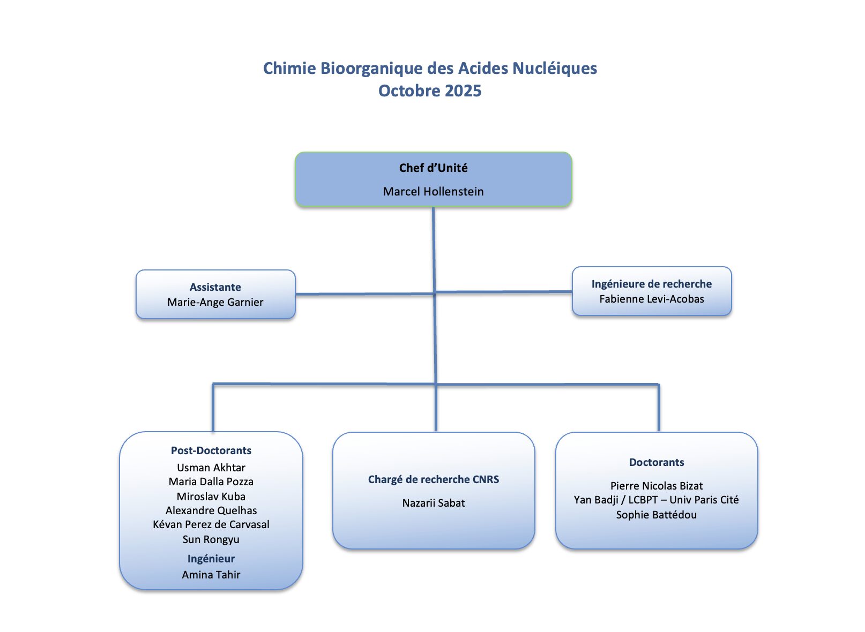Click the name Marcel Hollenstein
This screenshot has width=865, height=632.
pyautogui.click(x=433, y=191)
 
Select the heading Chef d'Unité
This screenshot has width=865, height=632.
pyautogui.click(x=433, y=168)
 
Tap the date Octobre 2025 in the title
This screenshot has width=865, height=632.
pyautogui.click(x=430, y=91)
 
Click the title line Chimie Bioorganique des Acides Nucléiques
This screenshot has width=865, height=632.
pyautogui.click(x=430, y=68)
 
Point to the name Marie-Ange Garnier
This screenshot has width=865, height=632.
pyautogui.click(x=215, y=302)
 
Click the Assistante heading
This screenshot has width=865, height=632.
pyautogui.click(x=215, y=287)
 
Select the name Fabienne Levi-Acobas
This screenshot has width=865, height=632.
pyautogui.click(x=652, y=299)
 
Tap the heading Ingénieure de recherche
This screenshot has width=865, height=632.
pyautogui.click(x=652, y=284)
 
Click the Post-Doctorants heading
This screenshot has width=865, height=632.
pyautogui.click(x=211, y=450)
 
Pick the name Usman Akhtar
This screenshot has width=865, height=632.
pyautogui.click(x=211, y=468)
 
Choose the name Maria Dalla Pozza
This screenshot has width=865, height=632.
pyautogui.click(x=211, y=481)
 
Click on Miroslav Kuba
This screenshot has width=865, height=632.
pyautogui.click(x=211, y=496)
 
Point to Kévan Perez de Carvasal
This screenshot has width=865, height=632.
pyautogui.click(x=211, y=524)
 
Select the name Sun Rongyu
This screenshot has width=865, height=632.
pyautogui.click(x=211, y=539)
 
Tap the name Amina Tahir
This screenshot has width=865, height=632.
pyautogui.click(x=211, y=575)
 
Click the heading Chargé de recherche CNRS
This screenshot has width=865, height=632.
pyautogui.click(x=433, y=479)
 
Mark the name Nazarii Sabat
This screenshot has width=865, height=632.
pyautogui.click(x=433, y=503)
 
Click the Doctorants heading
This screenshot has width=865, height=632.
pyautogui.click(x=657, y=462)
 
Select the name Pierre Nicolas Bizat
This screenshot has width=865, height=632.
pyautogui.click(x=657, y=486)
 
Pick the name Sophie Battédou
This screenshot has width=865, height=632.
pyautogui.click(x=657, y=515)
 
